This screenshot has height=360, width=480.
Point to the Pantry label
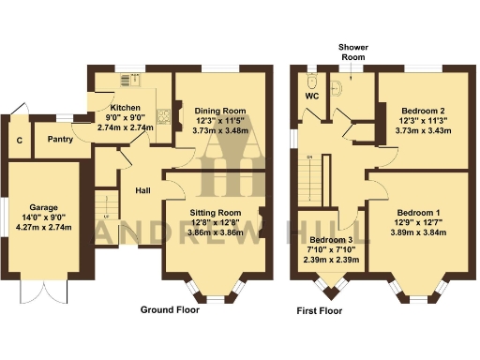pos(60,139)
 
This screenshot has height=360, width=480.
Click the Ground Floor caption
pos(170,308)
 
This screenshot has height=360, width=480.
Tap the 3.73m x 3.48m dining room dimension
pos(222,131)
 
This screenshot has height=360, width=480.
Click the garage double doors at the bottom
pos(33,292)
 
